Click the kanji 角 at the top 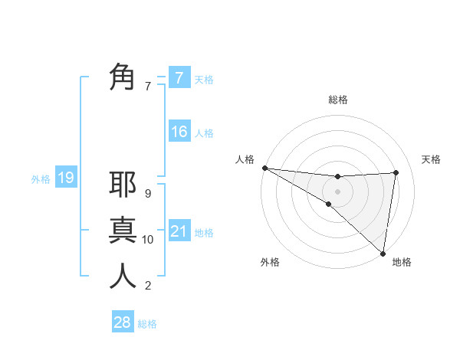point(123,77)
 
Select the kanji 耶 point(123,185)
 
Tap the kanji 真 point(123,230)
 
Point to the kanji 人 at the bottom point(123,276)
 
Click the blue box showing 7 point(179,77)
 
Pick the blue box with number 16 point(179,132)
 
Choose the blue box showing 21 point(179,231)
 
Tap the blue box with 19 point(66,178)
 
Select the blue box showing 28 point(123,322)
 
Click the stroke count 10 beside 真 point(148,240)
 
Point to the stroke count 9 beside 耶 point(148,194)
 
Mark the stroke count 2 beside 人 point(148,286)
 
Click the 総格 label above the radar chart point(337,100)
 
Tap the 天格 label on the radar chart point(431,159)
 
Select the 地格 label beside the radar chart point(402,263)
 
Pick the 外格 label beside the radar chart point(270,263)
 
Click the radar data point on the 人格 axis point(264,168)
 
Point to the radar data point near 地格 point(382,252)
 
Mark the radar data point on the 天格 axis point(396,172)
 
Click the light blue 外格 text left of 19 point(41,179)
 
